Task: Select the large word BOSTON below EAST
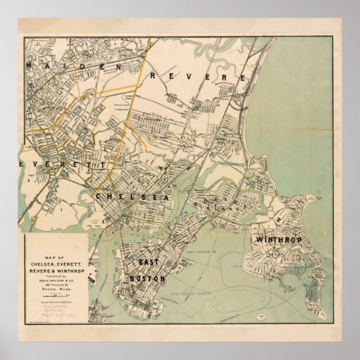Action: point(146,278)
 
